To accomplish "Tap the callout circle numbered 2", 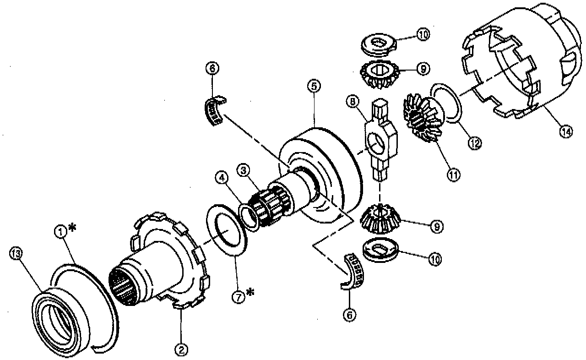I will (x=181, y=349).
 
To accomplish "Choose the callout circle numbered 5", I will (x=314, y=87).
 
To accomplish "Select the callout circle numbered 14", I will (x=566, y=131).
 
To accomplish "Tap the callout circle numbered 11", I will (x=455, y=174).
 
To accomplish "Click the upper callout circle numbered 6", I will (x=212, y=68).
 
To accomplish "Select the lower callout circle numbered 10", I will (x=434, y=259).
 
